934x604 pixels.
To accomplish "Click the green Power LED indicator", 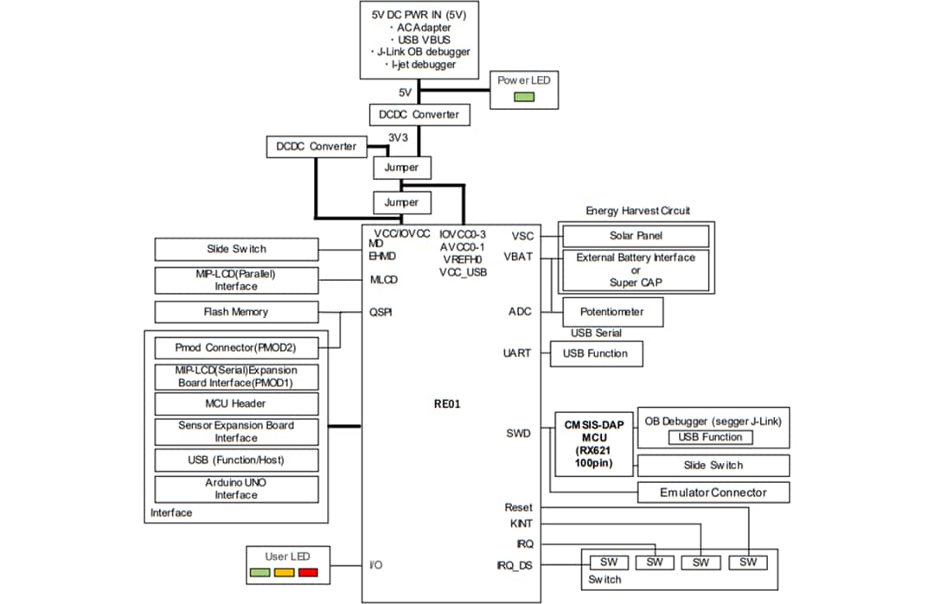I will click(x=524, y=97).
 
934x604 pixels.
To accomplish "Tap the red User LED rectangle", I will click(x=308, y=572).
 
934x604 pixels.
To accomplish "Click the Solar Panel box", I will click(x=637, y=236).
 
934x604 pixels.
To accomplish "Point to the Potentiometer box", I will click(x=614, y=312).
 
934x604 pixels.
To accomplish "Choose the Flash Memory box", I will click(x=236, y=312).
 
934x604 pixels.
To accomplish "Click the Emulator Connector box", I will click(x=713, y=493).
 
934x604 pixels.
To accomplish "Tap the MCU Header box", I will click(x=236, y=404).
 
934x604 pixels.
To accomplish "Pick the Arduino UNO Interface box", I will click(x=236, y=488).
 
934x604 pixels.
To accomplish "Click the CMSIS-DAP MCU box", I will click(x=592, y=444).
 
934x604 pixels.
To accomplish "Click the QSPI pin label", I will click(x=381, y=313).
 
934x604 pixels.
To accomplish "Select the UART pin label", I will click(x=517, y=353).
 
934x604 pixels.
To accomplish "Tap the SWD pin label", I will click(x=518, y=433).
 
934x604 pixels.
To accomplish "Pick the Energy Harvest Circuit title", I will click(x=638, y=211).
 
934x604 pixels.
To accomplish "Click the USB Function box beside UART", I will click(x=596, y=353).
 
